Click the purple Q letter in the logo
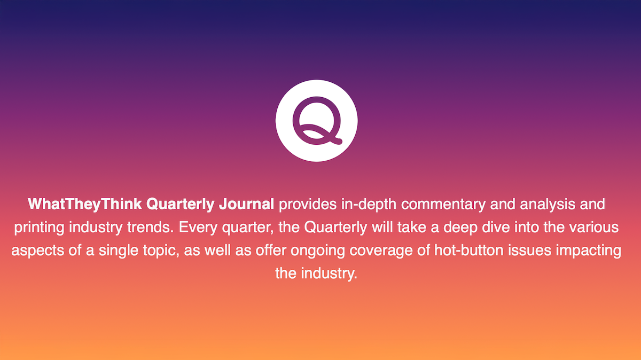[316, 121]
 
